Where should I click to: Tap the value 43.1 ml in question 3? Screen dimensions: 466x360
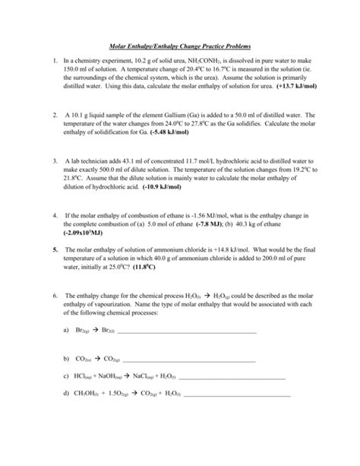132,163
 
